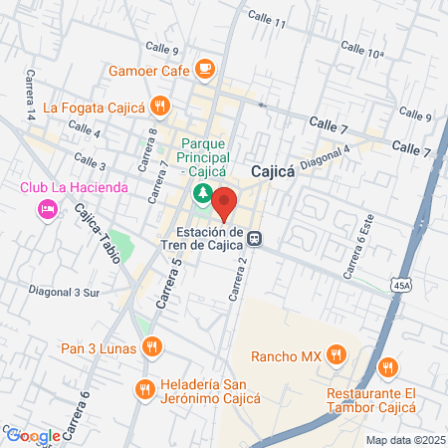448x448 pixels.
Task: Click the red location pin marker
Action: click(x=224, y=202)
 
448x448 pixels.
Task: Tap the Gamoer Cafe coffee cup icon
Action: click(x=205, y=69)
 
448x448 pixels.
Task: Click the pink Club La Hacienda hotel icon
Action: click(x=45, y=208)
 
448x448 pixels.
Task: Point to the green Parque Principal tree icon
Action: click(x=202, y=191)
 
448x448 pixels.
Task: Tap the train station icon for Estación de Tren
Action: click(x=256, y=239)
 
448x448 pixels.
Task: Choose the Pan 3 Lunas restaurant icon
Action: click(x=152, y=346)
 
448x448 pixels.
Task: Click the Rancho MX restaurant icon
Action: click(x=336, y=354)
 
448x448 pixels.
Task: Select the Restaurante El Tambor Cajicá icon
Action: click(x=387, y=369)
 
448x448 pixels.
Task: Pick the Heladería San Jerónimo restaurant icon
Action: click(x=146, y=388)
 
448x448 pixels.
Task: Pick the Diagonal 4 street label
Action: click(x=328, y=158)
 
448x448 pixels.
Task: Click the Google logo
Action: click(x=32, y=435)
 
